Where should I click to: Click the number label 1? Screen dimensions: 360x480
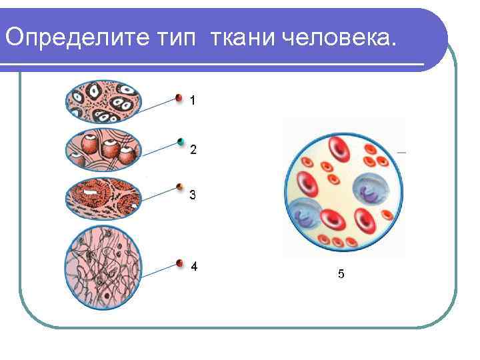193,101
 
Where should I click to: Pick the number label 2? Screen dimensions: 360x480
193,150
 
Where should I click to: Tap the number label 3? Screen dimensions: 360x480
193,195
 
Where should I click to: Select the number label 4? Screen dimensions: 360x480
193,266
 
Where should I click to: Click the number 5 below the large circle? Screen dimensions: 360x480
341,273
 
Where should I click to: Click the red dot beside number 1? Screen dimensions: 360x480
179,97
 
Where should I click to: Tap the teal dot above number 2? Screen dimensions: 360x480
181,141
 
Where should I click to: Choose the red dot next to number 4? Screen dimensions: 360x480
179,263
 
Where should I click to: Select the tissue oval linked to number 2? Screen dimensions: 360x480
104,151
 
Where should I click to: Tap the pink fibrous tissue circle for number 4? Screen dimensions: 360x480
103,267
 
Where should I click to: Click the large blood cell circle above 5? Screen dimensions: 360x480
343,190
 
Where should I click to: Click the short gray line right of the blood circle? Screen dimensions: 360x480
401,153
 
